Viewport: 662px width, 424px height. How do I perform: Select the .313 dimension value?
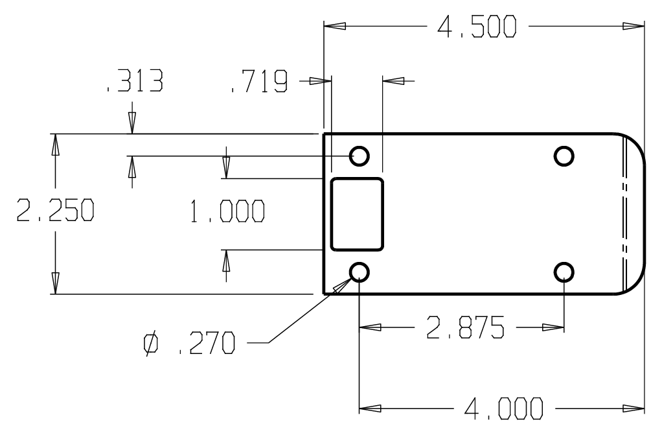135,81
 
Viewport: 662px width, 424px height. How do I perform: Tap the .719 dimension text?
259,81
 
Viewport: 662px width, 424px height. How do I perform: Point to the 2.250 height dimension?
55,211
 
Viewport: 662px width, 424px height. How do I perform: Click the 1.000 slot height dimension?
227,211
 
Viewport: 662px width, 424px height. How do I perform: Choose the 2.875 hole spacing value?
465,327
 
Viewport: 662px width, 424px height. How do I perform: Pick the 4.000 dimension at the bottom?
504,408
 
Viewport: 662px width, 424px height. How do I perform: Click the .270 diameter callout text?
207,343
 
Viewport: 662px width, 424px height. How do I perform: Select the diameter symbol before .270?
151,343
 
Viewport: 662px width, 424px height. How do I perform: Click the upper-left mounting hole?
360,156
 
